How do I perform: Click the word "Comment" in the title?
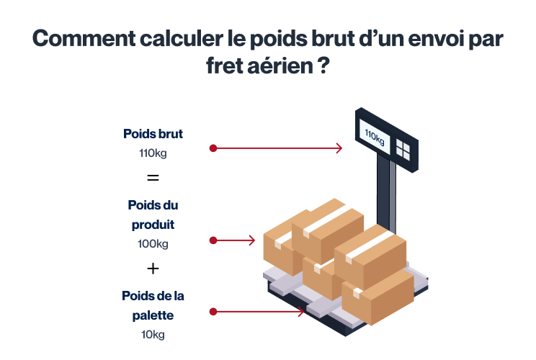pyautogui.click(x=84, y=38)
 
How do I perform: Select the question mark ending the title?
pyautogui.click(x=324, y=66)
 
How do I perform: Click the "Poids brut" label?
pyautogui.click(x=153, y=133)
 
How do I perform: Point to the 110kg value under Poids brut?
pyautogui.click(x=153, y=153)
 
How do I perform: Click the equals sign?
pyautogui.click(x=153, y=178)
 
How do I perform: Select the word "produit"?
pyautogui.click(x=153, y=225)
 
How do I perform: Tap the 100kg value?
pyautogui.click(x=153, y=244)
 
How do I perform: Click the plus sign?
pyautogui.click(x=153, y=269)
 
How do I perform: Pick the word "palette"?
pyautogui.click(x=153, y=315)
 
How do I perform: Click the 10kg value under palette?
pyautogui.click(x=153, y=334)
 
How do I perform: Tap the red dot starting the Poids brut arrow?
pyautogui.click(x=213, y=148)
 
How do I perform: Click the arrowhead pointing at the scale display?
pyautogui.click(x=339, y=148)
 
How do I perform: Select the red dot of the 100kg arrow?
pyautogui.click(x=213, y=240)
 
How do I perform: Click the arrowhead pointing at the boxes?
pyautogui.click(x=251, y=240)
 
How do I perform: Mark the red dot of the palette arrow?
pyautogui.click(x=213, y=312)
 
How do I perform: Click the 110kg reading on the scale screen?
pyautogui.click(x=375, y=137)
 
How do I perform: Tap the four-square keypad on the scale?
pyautogui.click(x=403, y=150)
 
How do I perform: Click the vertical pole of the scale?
pyautogui.click(x=387, y=193)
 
